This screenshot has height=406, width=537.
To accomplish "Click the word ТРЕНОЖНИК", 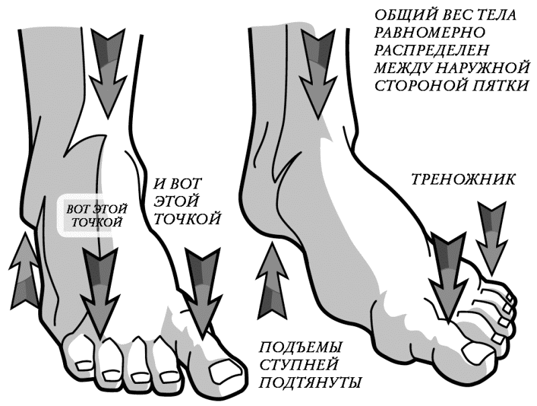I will coord(462,179).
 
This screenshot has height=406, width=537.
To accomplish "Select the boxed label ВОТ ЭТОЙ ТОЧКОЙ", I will coord(93,215).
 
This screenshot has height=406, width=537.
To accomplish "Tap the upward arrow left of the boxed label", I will coord(25,268).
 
